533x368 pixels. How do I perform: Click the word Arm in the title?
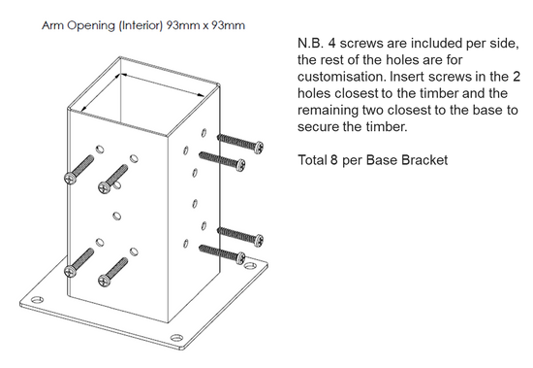[52, 25]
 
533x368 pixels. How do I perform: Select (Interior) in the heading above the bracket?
[141, 26]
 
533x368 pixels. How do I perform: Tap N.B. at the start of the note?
[309, 44]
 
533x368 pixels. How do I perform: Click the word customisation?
[342, 77]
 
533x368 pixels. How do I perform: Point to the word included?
[439, 44]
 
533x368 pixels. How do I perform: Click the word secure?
[318, 127]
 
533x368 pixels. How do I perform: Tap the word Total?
[312, 160]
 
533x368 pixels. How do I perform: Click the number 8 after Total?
[333, 160]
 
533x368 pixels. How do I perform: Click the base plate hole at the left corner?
[37, 300]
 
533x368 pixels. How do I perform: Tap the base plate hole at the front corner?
[176, 338]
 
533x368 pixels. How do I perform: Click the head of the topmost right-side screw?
[260, 147]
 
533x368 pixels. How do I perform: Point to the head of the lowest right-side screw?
[240, 258]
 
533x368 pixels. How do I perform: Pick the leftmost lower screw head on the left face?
[70, 271]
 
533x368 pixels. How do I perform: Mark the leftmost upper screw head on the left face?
[70, 179]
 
